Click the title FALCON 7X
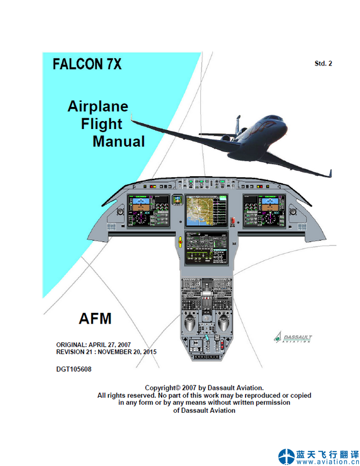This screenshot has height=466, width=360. click(87, 64)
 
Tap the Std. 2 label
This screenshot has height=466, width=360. click(323, 63)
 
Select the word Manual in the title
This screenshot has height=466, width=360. click(119, 142)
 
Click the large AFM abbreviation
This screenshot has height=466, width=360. click(95, 318)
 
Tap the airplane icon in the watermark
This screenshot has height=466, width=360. click(286, 456)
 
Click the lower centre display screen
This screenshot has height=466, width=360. click(206, 248)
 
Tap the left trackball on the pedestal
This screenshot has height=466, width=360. click(190, 324)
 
